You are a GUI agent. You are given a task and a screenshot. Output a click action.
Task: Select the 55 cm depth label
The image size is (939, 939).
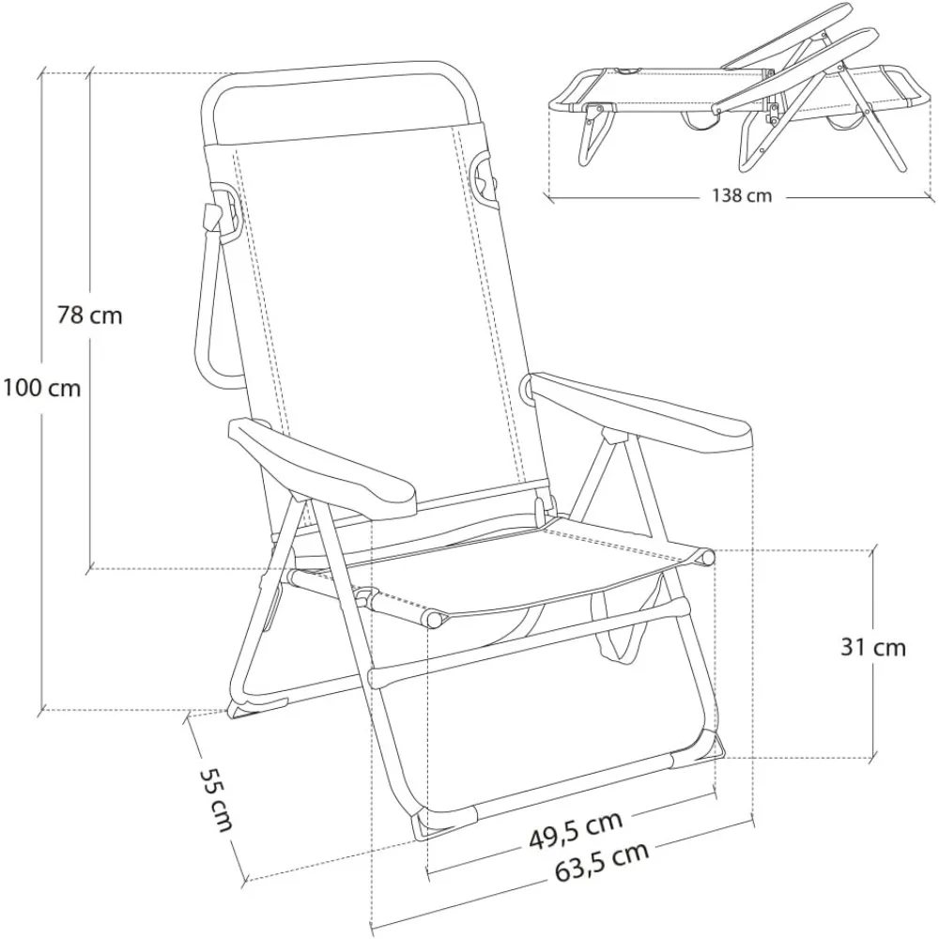(x=215, y=799)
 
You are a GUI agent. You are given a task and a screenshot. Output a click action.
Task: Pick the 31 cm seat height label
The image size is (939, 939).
(x=873, y=647)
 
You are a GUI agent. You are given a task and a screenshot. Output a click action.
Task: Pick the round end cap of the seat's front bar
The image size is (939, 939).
(x=433, y=620)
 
